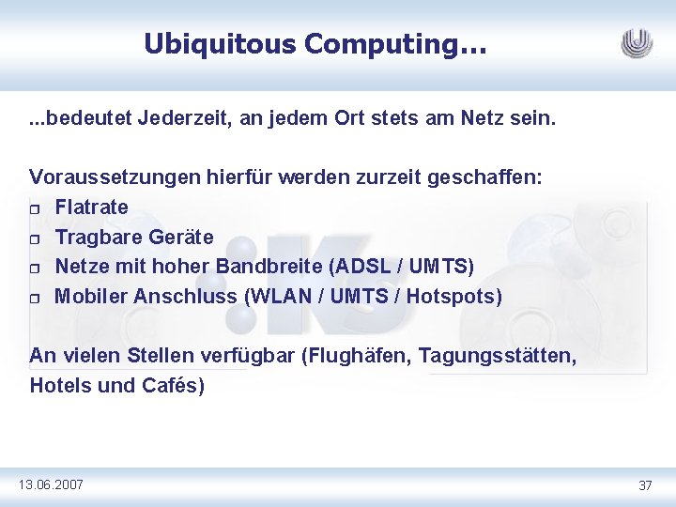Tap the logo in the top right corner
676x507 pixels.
click(x=637, y=43)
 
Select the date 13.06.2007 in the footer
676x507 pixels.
click(x=51, y=484)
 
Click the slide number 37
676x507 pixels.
click(x=645, y=485)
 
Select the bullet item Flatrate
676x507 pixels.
click(x=92, y=207)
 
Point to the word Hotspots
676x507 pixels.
click(x=454, y=297)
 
